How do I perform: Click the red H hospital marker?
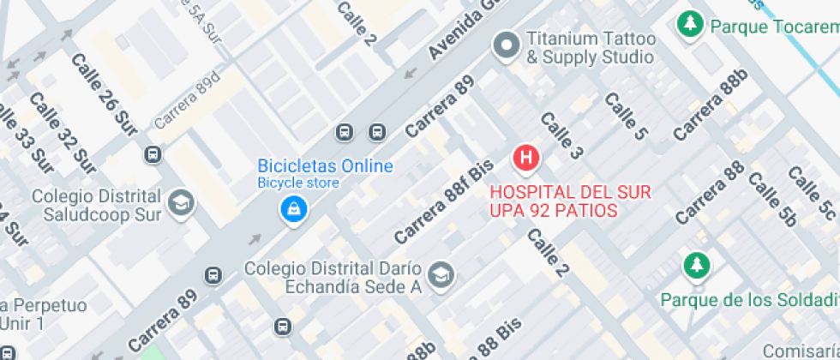click(x=526, y=158)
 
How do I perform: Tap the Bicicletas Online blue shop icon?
click(x=293, y=208)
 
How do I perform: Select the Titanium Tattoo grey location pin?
click(x=506, y=46)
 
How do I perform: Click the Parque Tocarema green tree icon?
click(x=689, y=26)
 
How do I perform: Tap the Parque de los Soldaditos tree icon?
click(x=696, y=267)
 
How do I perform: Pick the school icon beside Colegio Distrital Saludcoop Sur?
click(x=182, y=203)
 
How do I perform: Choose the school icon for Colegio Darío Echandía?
click(x=442, y=275)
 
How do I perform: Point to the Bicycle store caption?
click(x=298, y=183)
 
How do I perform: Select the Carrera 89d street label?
click(x=188, y=101)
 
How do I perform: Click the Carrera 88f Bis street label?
click(x=444, y=201)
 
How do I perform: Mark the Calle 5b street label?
click(x=772, y=199)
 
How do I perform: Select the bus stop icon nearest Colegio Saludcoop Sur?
click(x=153, y=154)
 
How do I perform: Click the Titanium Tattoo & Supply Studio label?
click(x=591, y=48)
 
